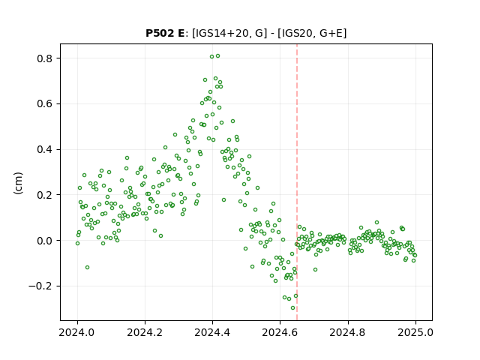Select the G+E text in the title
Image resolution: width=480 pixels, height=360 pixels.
330,33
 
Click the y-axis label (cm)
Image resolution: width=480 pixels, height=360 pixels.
18,183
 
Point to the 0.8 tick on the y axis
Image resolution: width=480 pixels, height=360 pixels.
45,58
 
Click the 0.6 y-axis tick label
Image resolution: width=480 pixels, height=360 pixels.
45,104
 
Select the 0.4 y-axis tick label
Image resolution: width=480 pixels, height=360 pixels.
45,150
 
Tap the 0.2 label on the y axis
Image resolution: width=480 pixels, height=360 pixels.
45,195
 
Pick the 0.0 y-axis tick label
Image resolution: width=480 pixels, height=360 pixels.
45,241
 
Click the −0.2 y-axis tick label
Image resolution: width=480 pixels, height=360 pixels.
41,286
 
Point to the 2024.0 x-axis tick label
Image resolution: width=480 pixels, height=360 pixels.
77,332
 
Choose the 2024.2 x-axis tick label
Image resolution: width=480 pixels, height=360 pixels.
145,332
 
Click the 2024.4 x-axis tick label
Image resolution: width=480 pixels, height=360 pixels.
212,332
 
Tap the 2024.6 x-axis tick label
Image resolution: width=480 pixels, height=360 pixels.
280,332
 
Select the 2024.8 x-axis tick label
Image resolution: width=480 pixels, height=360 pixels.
347,332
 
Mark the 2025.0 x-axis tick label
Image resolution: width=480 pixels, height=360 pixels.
415,332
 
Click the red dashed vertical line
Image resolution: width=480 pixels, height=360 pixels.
297,182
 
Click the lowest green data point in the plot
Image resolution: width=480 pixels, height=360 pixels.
293,308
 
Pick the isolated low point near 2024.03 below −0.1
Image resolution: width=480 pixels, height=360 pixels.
87,268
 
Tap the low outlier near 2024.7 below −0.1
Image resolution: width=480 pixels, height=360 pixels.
315,270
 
